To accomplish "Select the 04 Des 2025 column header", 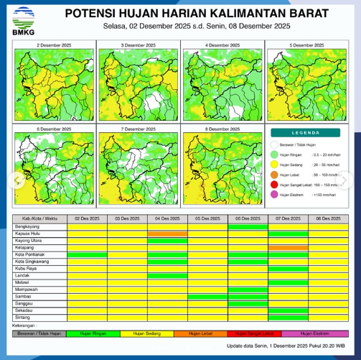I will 167,218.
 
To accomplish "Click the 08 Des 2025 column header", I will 329,218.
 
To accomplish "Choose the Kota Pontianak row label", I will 31,254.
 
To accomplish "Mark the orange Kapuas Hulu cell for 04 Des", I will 167,233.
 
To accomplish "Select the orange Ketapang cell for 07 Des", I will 289,247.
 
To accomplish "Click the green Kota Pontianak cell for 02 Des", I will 87,254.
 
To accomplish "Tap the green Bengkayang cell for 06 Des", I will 248,226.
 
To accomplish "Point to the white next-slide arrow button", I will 351,180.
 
